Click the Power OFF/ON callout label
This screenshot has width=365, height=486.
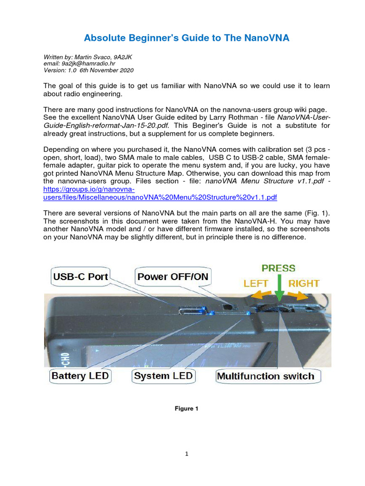click(173, 276)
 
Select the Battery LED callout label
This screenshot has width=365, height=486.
click(80, 376)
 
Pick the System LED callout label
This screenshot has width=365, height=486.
click(163, 376)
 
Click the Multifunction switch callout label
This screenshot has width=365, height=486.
click(265, 376)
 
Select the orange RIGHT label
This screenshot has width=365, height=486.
click(304, 283)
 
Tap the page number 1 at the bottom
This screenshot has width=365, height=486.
click(187, 454)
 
